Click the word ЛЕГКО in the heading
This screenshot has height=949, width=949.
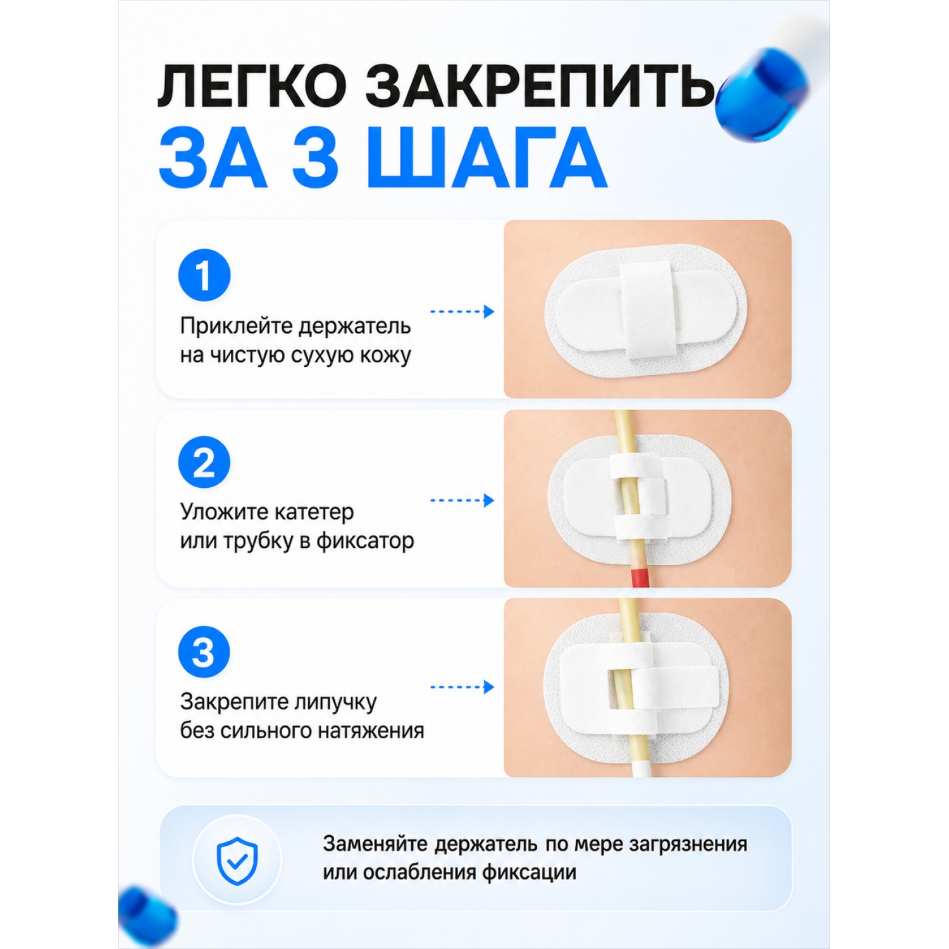click(252, 85)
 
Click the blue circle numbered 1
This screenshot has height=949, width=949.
click(204, 275)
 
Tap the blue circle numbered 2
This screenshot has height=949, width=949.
click(204, 462)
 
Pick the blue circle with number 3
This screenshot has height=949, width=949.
click(204, 652)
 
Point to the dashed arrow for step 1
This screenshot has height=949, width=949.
click(462, 311)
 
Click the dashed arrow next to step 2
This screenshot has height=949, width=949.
click(462, 500)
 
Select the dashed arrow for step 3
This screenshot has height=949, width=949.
click(462, 687)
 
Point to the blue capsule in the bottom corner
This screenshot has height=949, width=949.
click(146, 916)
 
